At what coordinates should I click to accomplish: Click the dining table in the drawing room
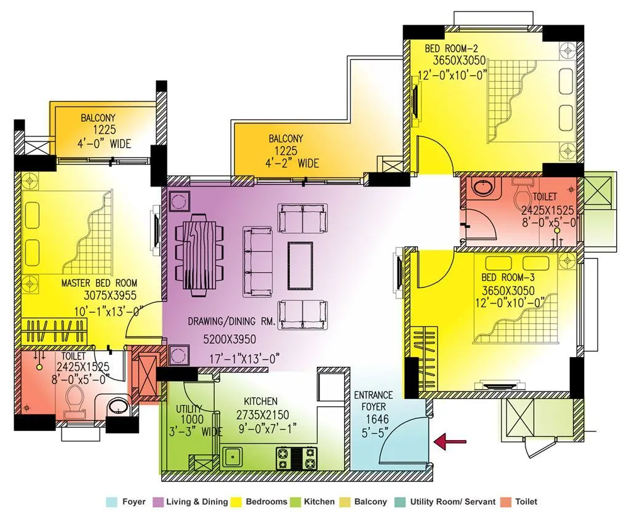tap(201, 255)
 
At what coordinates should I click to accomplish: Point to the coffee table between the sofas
tap(300, 265)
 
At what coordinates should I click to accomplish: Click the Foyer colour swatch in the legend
tap(111, 502)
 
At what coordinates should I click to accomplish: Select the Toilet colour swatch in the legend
tap(507, 502)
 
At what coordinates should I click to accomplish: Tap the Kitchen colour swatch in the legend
tap(296, 502)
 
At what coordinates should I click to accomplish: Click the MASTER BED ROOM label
tap(99, 284)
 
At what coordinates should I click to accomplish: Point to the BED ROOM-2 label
tap(454, 48)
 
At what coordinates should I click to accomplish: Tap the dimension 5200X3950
tap(229, 339)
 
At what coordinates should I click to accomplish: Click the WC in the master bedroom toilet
tap(75, 400)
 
